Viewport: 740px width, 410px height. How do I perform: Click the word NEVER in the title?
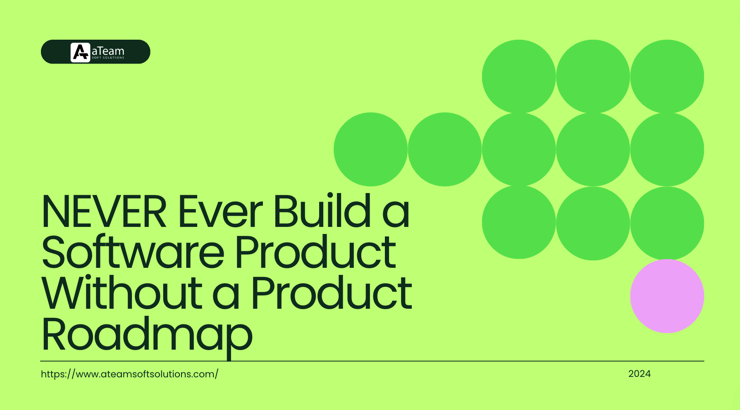point(104,212)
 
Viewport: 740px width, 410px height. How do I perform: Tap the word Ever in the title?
point(220,212)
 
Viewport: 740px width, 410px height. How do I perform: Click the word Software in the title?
point(133,252)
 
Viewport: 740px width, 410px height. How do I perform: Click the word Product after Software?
point(315,252)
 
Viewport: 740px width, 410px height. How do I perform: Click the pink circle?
point(667,296)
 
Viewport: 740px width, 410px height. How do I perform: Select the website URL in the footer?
point(129,374)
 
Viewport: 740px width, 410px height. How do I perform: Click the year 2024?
point(639,374)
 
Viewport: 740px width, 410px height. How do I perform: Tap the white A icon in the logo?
point(80,52)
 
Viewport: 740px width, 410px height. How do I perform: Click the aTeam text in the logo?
point(108,51)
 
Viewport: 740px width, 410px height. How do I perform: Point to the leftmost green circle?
point(370,149)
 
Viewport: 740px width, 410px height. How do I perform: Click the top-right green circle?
point(667,76)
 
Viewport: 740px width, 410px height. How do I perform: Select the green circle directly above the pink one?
point(667,223)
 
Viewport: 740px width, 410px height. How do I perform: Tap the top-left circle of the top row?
point(518,76)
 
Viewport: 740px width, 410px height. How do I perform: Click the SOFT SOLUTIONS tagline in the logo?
point(108,58)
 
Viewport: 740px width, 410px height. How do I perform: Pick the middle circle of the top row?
point(593,76)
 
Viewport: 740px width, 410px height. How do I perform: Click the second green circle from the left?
point(444,149)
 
